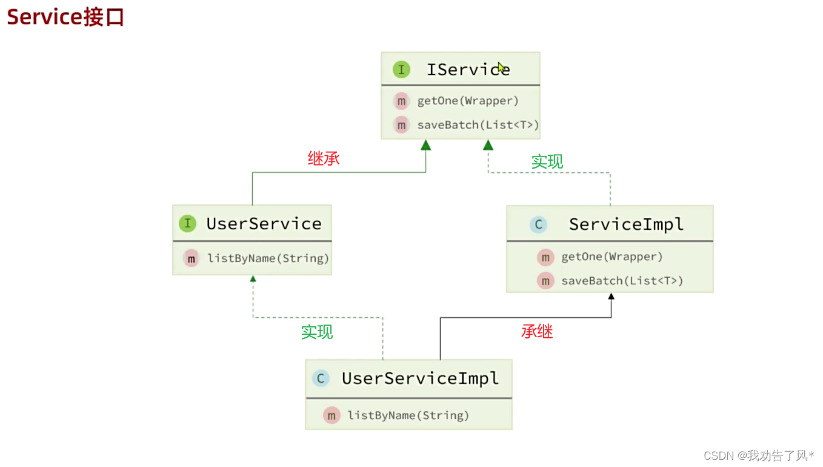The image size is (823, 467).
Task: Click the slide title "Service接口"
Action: coord(65,17)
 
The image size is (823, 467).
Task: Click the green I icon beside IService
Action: coord(401,70)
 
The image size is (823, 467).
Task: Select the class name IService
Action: coord(468,70)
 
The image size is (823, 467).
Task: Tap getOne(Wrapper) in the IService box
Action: coord(468,101)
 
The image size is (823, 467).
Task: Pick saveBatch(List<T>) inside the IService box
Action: coord(478,125)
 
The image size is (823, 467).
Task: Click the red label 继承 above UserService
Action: coord(324,159)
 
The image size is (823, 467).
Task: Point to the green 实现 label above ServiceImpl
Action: coord(547,161)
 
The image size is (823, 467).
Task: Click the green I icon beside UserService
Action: coord(187,224)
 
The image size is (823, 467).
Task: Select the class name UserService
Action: coord(264,224)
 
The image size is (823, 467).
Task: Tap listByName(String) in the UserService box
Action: coord(268,258)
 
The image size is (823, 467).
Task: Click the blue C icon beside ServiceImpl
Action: coord(538,225)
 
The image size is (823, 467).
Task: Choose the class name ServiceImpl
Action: coord(626,225)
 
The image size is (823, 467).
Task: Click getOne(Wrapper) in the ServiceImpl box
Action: coord(611,257)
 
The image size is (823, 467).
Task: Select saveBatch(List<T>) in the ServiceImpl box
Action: coord(622,281)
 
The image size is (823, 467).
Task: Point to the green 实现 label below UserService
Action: coord(317,332)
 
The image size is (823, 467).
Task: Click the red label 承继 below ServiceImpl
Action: coord(537,331)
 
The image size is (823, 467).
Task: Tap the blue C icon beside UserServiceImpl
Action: coord(320,379)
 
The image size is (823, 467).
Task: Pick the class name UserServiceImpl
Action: coord(420,379)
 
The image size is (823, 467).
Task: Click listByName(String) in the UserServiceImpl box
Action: coord(408,415)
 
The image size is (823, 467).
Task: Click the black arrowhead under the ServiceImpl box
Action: coord(611,297)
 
